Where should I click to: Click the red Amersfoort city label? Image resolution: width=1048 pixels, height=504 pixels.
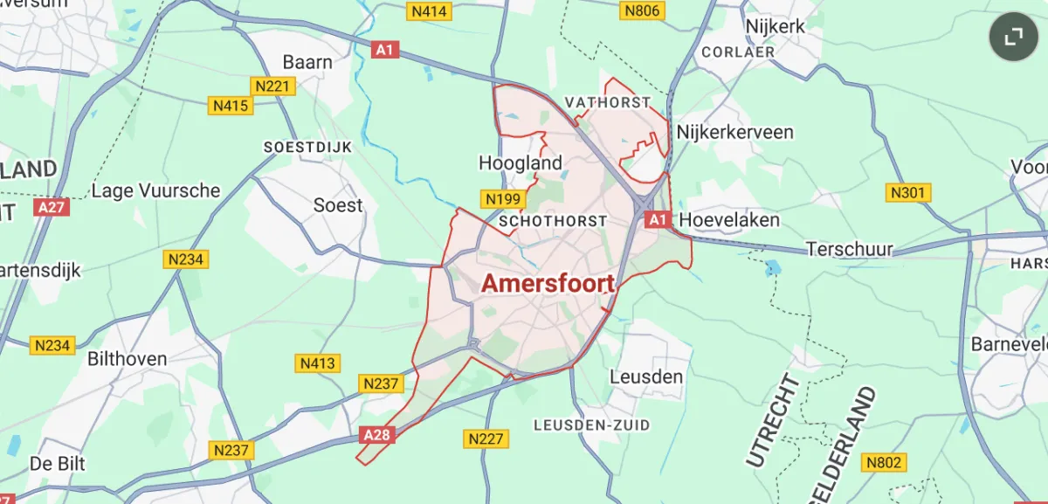point(548,283)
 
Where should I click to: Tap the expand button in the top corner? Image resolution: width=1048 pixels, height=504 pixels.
point(1013,36)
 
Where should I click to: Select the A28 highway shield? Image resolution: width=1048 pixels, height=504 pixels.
point(376,434)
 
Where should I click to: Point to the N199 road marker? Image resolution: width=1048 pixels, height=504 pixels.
point(503,199)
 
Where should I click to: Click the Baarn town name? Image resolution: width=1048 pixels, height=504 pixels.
point(307,62)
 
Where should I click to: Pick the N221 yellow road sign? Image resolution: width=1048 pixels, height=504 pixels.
point(273,86)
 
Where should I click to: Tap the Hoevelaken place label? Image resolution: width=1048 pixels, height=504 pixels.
point(729,219)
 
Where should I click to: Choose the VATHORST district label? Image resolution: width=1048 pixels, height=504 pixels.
point(608,102)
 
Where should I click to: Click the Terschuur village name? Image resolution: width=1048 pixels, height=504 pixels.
point(850,250)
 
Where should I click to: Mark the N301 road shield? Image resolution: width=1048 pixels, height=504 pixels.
point(908,192)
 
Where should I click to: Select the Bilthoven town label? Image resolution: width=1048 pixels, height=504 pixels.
point(127,359)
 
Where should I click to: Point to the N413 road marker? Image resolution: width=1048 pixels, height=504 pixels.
point(319,362)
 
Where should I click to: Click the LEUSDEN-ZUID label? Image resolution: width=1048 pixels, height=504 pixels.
point(591,425)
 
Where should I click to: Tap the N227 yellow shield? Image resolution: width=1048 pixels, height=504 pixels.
point(486,438)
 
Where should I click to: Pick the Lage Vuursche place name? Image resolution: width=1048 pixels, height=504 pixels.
point(156,190)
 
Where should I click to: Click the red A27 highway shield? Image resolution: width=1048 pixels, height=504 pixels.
point(52,207)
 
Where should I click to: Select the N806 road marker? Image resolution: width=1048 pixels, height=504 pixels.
point(641,10)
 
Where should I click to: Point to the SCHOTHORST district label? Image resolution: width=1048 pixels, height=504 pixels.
point(552,222)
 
